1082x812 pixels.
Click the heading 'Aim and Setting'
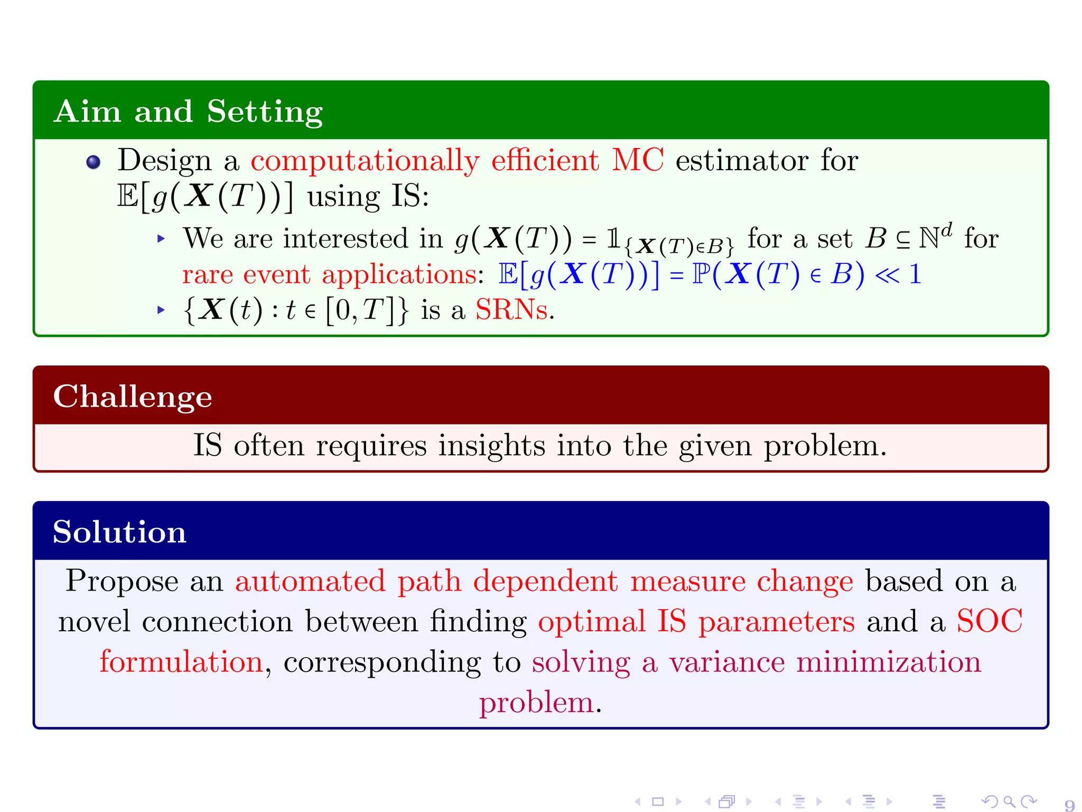pyautogui.click(x=188, y=112)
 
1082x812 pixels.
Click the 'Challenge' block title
pyautogui.click(x=133, y=396)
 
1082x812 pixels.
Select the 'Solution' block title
pyautogui.click(x=119, y=532)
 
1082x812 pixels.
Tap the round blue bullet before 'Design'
pyautogui.click(x=94, y=162)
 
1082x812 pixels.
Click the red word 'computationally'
pyautogui.click(x=365, y=160)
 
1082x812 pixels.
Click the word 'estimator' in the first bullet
pyautogui.click(x=741, y=160)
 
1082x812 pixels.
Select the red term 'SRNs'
pyautogui.click(x=511, y=310)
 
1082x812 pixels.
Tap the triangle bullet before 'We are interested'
pyautogui.click(x=162, y=239)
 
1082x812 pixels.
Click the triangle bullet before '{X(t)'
pyautogui.click(x=162, y=310)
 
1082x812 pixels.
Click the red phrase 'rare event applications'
pyautogui.click(x=330, y=274)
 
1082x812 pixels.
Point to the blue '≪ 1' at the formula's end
pyautogui.click(x=898, y=274)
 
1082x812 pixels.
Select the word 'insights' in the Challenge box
pyautogui.click(x=491, y=446)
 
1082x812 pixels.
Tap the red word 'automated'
pyautogui.click(x=310, y=581)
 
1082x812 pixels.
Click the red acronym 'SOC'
pyautogui.click(x=989, y=621)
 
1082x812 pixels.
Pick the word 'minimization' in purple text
pyautogui.click(x=888, y=662)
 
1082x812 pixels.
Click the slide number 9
pyautogui.click(x=1069, y=805)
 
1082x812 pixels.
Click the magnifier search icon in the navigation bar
pyautogui.click(x=1009, y=802)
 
